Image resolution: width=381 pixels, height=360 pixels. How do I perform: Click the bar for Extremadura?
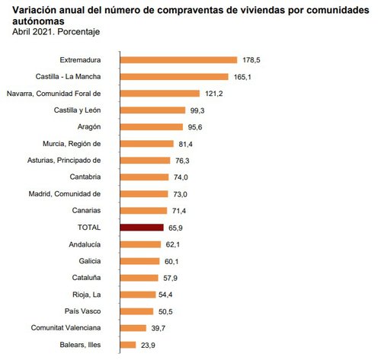click(178, 59)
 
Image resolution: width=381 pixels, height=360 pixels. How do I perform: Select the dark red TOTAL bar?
click(142, 227)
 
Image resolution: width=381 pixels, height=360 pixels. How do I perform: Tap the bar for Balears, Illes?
click(129, 345)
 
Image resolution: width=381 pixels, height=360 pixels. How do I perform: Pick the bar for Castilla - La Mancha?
click(174, 76)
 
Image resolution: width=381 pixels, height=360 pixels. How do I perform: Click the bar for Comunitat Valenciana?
click(133, 328)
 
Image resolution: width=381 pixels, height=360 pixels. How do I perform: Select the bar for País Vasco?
click(137, 311)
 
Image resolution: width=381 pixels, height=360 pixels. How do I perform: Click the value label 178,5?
click(251, 59)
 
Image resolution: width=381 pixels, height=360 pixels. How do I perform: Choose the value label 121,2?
click(213, 93)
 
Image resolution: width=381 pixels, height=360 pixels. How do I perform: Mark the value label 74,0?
click(180, 177)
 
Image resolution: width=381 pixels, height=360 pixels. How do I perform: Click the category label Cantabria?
click(85, 177)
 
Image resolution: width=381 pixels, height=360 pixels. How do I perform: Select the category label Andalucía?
click(84, 244)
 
